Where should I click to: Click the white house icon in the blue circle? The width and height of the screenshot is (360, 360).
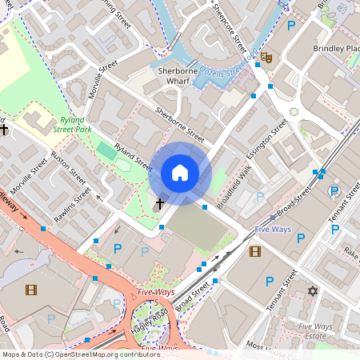point(180,173)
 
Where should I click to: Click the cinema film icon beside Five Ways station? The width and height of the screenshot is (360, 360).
point(255,252)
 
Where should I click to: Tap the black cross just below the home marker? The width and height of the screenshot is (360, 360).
point(159,204)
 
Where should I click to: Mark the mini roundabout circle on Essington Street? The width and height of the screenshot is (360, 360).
point(294,112)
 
